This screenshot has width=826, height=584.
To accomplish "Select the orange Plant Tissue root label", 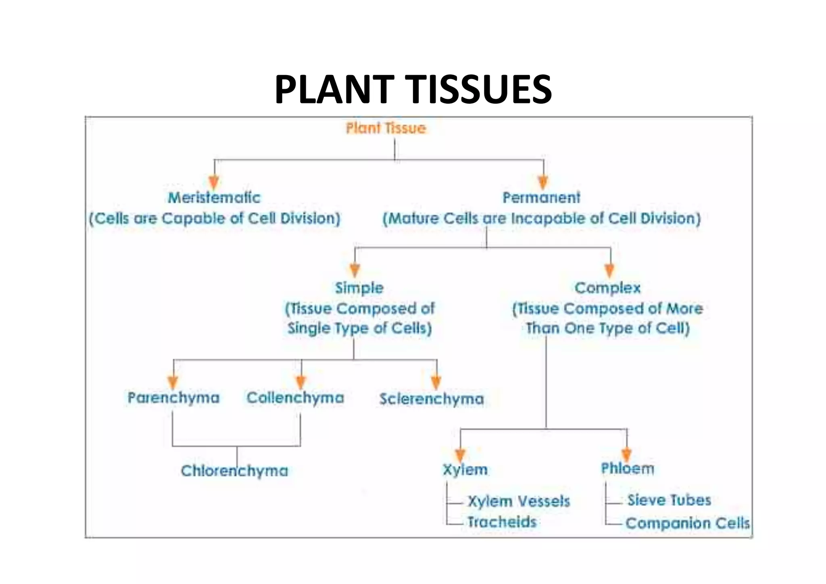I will click(386, 128).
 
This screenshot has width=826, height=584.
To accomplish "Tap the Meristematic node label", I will click(214, 198).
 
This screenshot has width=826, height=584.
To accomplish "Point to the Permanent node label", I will click(541, 198).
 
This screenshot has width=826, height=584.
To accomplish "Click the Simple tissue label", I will click(359, 288).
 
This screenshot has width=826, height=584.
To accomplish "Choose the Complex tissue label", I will click(607, 288).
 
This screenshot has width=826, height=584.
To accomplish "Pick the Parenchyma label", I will click(173, 398).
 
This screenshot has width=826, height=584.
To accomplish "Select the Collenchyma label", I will click(295, 398).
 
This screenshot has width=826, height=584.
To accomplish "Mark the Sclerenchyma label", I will click(432, 399).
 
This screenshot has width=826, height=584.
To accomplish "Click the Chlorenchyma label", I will click(234, 471).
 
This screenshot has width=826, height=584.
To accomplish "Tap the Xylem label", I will click(465, 470).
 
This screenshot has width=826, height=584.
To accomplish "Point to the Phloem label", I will click(628, 469).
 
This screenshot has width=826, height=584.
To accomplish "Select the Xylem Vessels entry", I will click(519, 501).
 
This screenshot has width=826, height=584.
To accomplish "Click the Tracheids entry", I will click(502, 522).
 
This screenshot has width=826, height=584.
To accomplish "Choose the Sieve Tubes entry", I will click(669, 500).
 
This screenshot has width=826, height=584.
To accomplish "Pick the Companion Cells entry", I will click(688, 523).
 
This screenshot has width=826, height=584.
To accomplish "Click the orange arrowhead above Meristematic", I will click(214, 182).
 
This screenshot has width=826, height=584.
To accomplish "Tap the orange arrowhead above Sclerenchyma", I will click(436, 382).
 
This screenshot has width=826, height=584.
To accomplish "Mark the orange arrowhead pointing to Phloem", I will click(626, 455).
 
